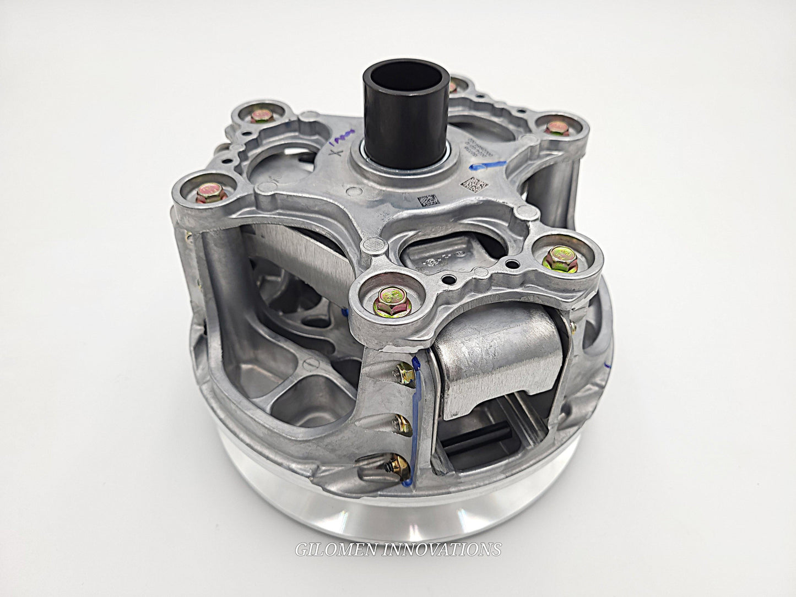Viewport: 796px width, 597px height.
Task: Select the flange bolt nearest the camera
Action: point(385,301)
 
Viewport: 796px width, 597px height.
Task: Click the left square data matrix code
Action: point(427,201)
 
